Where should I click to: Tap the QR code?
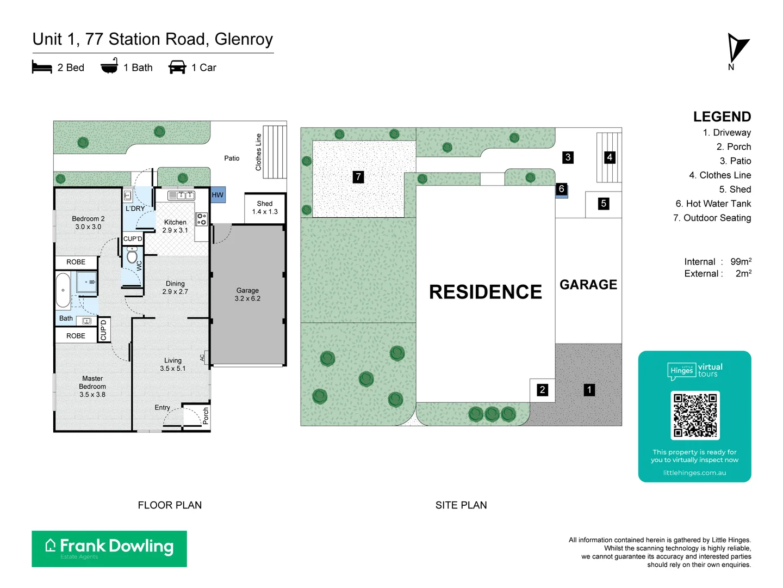695,415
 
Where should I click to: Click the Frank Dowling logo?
109,548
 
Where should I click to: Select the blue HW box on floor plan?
217,195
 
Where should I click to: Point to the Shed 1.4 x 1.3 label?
265,207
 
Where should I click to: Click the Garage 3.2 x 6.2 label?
247,295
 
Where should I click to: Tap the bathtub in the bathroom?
63,290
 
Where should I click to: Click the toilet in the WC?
132,256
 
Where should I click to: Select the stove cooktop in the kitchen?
201,219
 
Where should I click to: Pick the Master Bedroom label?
92,386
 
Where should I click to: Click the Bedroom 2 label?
88,223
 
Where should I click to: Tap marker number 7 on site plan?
358,177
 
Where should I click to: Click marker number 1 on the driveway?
589,390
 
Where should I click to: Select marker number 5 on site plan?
603,204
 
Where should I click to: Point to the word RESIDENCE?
485,292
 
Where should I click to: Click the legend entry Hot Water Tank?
713,204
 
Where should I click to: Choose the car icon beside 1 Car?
177,67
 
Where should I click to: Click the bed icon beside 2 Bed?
42,67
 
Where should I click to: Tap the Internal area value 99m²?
741,262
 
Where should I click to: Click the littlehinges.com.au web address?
694,473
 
